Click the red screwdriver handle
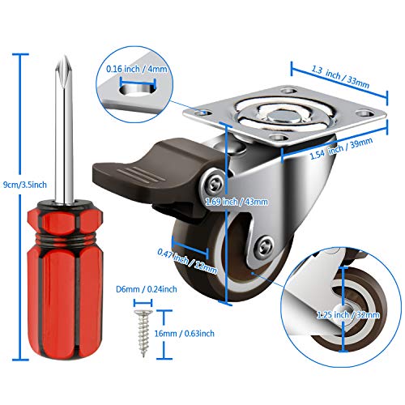pyautogui.click(x=57, y=267)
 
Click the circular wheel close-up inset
pyautogui.click(x=336, y=300)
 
